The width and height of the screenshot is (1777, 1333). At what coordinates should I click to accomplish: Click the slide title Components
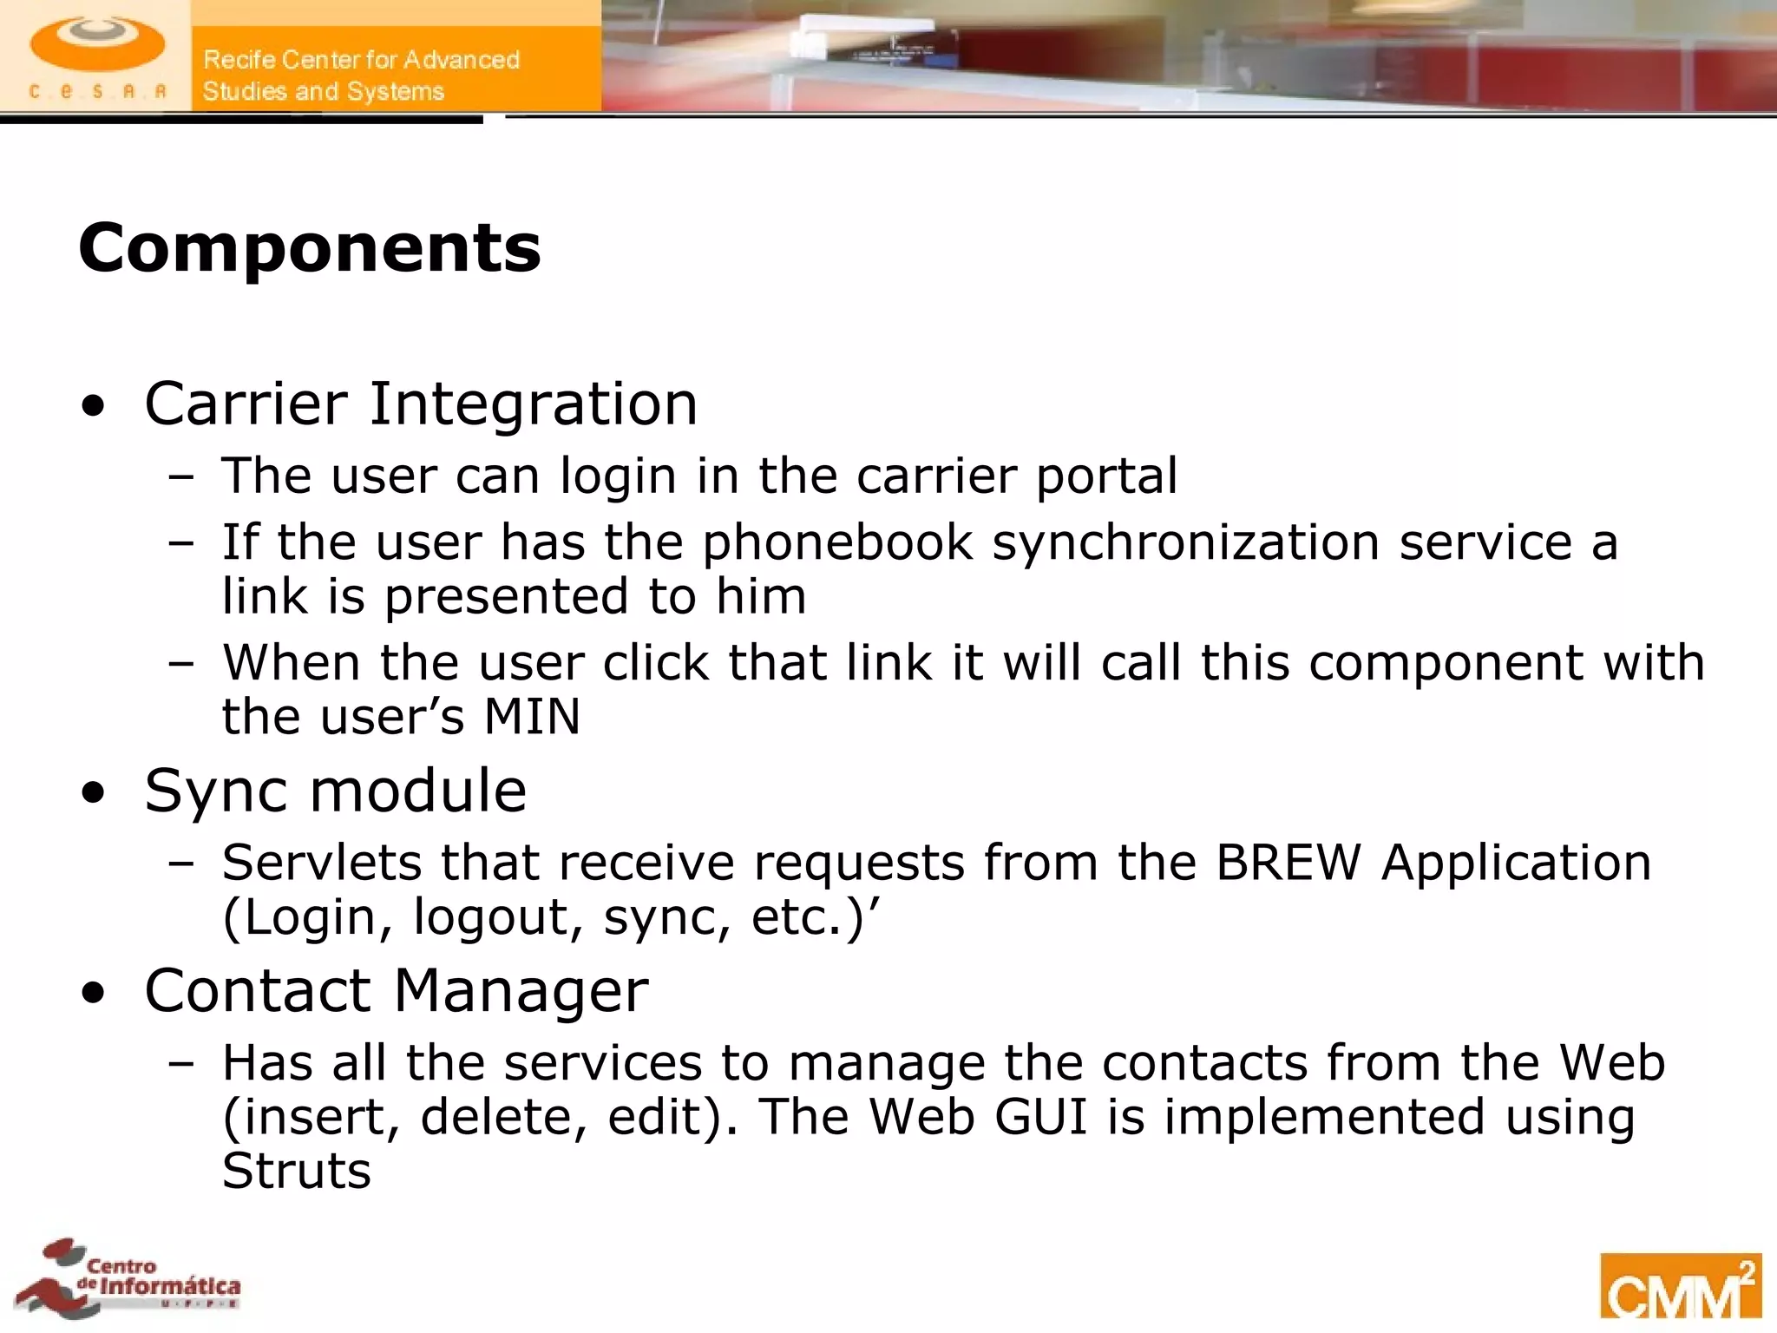pyautogui.click(x=309, y=248)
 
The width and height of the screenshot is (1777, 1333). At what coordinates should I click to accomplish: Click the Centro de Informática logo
pyautogui.click(x=130, y=1277)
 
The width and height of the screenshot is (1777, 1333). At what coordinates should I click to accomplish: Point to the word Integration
pyautogui.click(x=533, y=405)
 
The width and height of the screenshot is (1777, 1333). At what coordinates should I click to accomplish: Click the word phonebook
pyautogui.click(x=837, y=543)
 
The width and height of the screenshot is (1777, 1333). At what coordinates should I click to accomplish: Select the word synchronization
pyautogui.click(x=1185, y=543)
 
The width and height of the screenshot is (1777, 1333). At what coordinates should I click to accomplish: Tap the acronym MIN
pyautogui.click(x=531, y=717)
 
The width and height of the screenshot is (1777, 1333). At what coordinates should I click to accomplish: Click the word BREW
pyautogui.click(x=1288, y=863)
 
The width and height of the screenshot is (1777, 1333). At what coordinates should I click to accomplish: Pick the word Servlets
pyautogui.click(x=321, y=863)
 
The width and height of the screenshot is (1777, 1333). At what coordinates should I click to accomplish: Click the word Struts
pyautogui.click(x=297, y=1171)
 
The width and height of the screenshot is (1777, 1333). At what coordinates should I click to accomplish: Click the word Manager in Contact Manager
pyautogui.click(x=521, y=991)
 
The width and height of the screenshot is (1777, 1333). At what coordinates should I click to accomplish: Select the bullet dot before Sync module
pyautogui.click(x=93, y=792)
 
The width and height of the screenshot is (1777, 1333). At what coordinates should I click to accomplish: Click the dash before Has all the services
pyautogui.click(x=182, y=1064)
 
